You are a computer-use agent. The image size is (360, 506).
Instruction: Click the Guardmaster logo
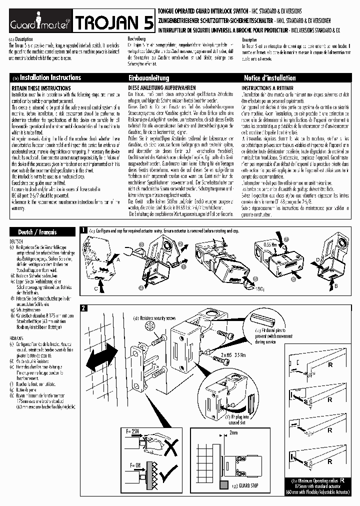[x=38, y=22]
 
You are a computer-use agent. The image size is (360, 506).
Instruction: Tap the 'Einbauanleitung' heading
[x=149, y=78]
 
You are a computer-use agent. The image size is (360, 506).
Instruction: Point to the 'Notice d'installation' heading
[x=269, y=78]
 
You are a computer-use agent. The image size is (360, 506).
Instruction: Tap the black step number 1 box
[x=84, y=230]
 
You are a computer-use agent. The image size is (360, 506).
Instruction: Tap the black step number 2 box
[x=84, y=307]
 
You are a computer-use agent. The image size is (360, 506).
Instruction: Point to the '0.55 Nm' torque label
[x=270, y=245]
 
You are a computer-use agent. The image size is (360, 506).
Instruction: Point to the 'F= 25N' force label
[x=130, y=430]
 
